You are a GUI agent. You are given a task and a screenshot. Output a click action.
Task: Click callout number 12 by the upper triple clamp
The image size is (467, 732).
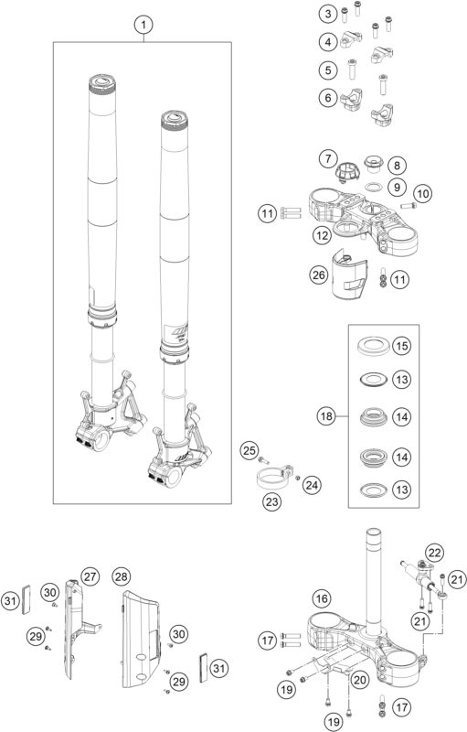[x=320, y=237]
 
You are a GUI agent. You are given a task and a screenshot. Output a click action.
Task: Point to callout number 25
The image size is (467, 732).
[x=246, y=448]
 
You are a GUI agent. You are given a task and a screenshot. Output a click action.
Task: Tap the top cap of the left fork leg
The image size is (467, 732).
[x=100, y=85]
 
